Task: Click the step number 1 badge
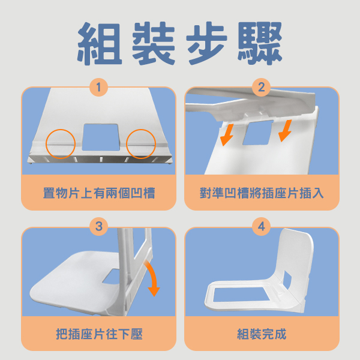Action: coord(99,87)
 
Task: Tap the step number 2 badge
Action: coord(261,87)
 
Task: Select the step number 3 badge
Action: coord(99,226)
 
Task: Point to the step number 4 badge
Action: coord(261,226)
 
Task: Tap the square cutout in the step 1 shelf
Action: coord(101,137)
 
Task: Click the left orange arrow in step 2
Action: coord(227,135)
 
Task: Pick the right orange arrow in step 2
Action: coord(286,130)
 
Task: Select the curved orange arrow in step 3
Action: coord(154,275)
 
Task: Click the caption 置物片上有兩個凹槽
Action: coord(99,193)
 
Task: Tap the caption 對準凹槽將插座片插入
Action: coord(262,193)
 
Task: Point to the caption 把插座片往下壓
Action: coord(99,334)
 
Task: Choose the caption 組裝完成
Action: coord(262,334)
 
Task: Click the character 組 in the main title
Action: coord(100,44)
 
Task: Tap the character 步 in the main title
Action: coord(206,44)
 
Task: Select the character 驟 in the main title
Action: coord(260,44)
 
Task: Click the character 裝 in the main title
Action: coord(154,44)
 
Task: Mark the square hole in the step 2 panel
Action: coord(258,133)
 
